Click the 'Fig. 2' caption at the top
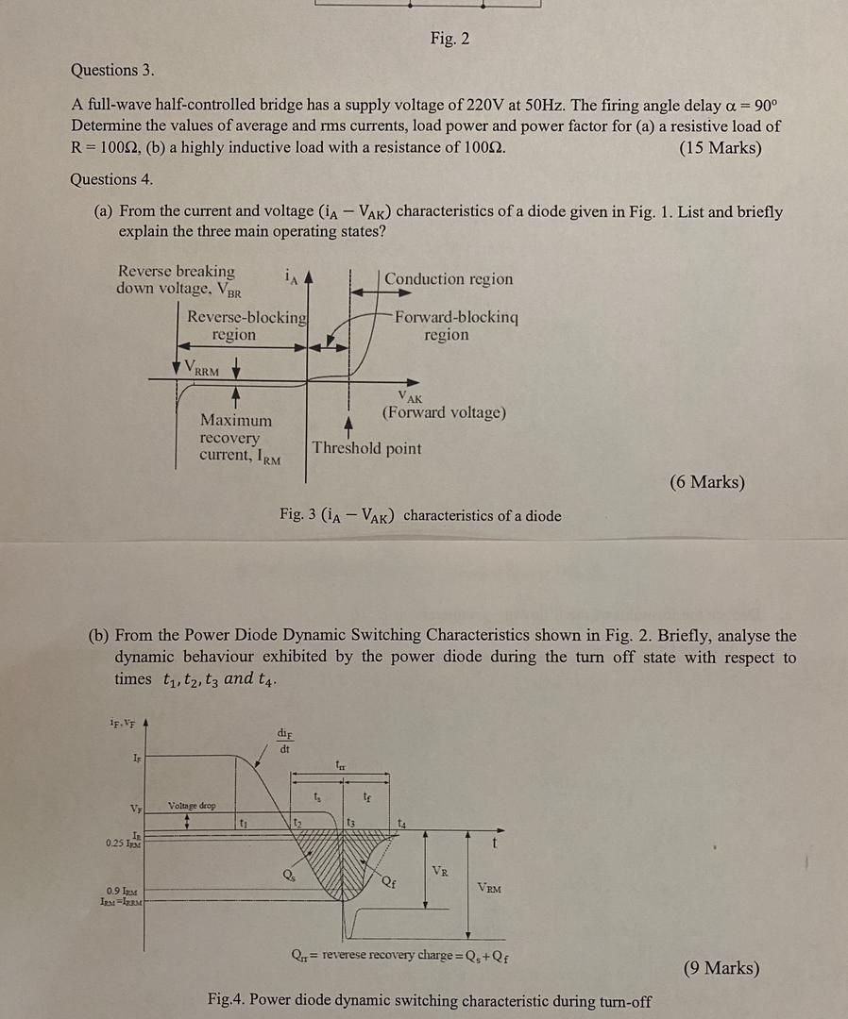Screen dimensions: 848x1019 (x=449, y=39)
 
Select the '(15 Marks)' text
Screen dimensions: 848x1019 (x=720, y=147)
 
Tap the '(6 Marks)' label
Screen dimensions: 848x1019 (x=707, y=482)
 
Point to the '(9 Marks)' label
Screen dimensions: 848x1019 (x=721, y=968)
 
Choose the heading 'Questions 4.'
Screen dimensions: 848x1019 (x=111, y=179)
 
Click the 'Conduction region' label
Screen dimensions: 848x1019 (x=449, y=279)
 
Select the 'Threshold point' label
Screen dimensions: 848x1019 (x=367, y=448)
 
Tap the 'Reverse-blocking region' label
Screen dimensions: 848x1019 (x=246, y=326)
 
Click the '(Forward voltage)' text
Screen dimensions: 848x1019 (x=444, y=413)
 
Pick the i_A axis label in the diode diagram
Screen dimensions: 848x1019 (x=291, y=276)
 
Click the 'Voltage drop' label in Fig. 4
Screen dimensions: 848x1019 (x=192, y=806)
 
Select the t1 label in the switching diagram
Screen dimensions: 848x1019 (x=243, y=822)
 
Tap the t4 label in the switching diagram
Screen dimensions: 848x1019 (x=404, y=822)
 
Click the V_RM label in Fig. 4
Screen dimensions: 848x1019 (x=490, y=887)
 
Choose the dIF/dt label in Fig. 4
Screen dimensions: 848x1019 (x=284, y=741)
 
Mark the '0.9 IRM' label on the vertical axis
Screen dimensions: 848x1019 (x=124, y=891)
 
